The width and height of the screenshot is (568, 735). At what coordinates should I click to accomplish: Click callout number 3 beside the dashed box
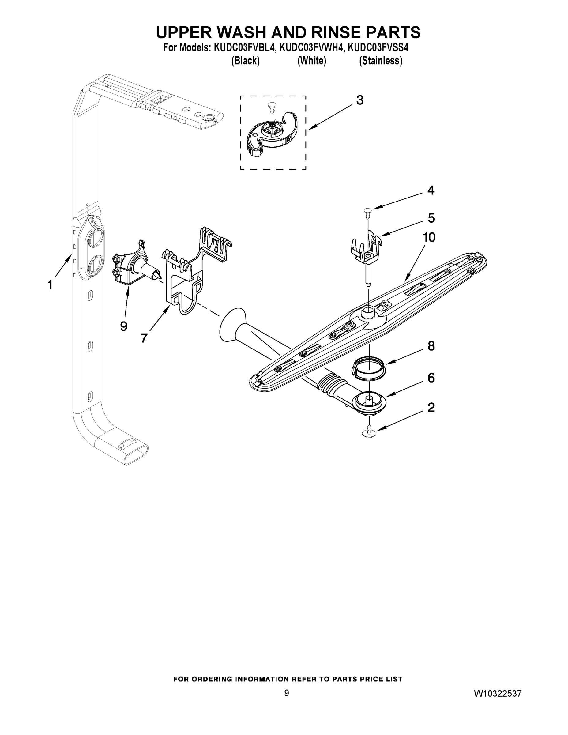tap(360, 100)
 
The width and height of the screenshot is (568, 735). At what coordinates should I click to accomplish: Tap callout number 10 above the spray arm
tap(429, 238)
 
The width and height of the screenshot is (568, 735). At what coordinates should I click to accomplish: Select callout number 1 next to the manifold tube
tap(50, 285)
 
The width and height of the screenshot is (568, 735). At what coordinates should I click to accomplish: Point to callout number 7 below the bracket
tap(144, 338)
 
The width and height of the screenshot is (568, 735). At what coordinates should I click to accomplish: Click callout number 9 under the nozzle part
tap(123, 326)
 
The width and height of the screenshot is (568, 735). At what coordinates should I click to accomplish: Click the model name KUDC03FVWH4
tap(312, 48)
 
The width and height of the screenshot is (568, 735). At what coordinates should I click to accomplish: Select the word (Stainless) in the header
tap(381, 61)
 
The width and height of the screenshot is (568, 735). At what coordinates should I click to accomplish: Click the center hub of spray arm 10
tap(368, 313)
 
